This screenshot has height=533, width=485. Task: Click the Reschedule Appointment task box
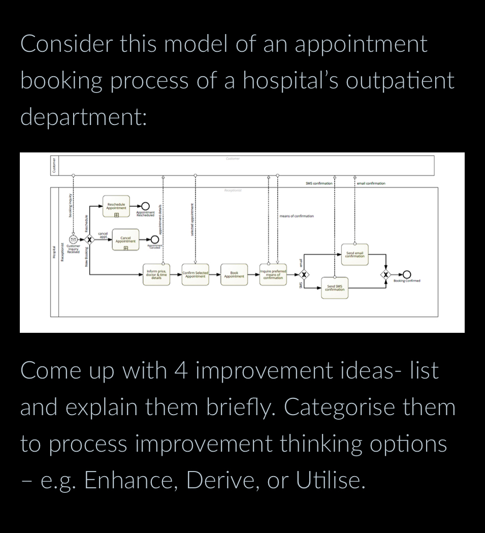pyautogui.click(x=116, y=206)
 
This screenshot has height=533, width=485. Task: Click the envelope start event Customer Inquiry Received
pyautogui.click(x=73, y=239)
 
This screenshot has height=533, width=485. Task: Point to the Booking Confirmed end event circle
pyautogui.click(x=406, y=274)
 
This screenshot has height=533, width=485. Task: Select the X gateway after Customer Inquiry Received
pyautogui.click(x=89, y=239)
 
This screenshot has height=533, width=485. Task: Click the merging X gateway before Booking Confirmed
pyautogui.click(x=386, y=274)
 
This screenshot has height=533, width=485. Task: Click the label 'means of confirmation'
pyautogui.click(x=297, y=216)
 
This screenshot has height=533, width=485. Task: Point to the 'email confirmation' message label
pyautogui.click(x=371, y=183)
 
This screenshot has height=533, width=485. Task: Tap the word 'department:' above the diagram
pyautogui.click(x=84, y=117)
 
